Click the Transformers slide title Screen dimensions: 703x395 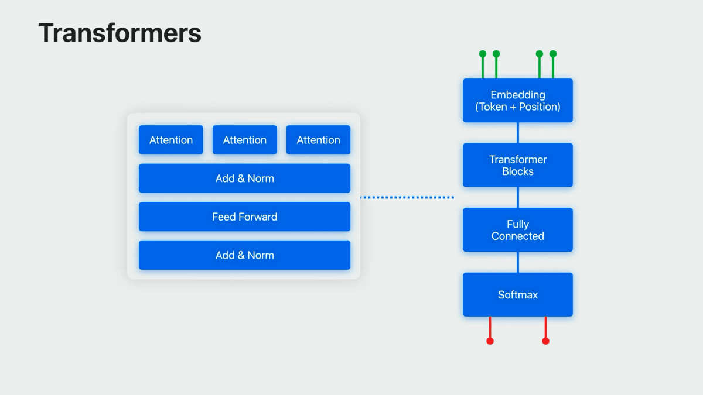point(120,33)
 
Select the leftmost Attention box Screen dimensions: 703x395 point(171,140)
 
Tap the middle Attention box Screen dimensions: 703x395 point(245,140)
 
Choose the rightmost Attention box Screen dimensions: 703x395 point(318,140)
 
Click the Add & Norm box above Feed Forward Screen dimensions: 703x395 point(244,178)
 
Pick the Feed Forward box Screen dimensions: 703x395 point(244,217)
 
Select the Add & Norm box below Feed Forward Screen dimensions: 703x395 point(244,255)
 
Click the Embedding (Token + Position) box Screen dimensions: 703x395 point(518,100)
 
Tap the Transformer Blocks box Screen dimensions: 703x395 point(518,165)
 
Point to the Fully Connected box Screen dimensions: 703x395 point(518,230)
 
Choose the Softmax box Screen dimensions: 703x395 point(518,295)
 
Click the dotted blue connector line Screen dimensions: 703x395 point(407,198)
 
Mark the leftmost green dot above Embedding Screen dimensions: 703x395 point(483,54)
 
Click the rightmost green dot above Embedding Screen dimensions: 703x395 point(553,54)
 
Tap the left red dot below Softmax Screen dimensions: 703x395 point(490,341)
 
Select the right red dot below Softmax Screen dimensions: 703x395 point(546,341)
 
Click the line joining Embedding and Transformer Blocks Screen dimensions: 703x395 point(518,133)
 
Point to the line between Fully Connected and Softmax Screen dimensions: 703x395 point(518,262)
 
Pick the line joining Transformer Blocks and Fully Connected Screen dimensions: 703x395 point(518,198)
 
